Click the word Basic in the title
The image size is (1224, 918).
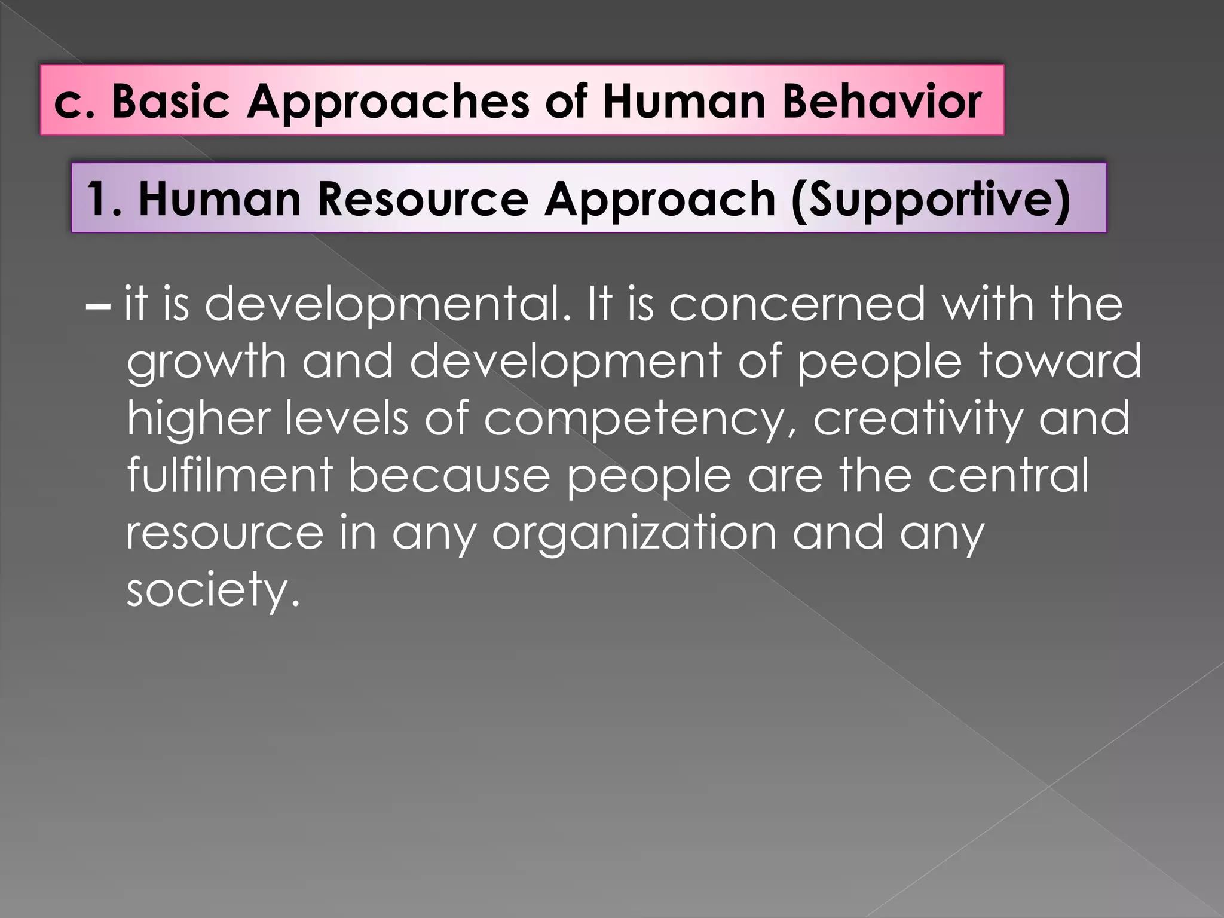tap(171, 101)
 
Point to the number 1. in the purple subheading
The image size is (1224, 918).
tap(104, 199)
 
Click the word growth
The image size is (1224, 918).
tap(206, 362)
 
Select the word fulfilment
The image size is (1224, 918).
tap(229, 475)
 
